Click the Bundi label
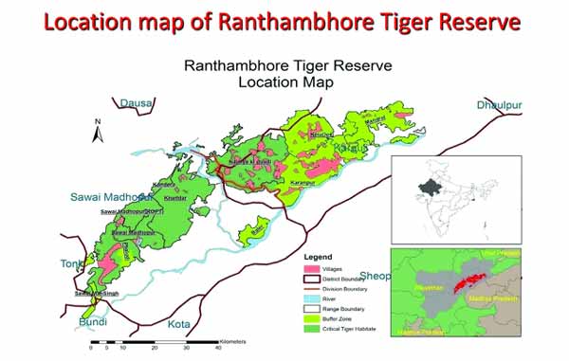[93, 322]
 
